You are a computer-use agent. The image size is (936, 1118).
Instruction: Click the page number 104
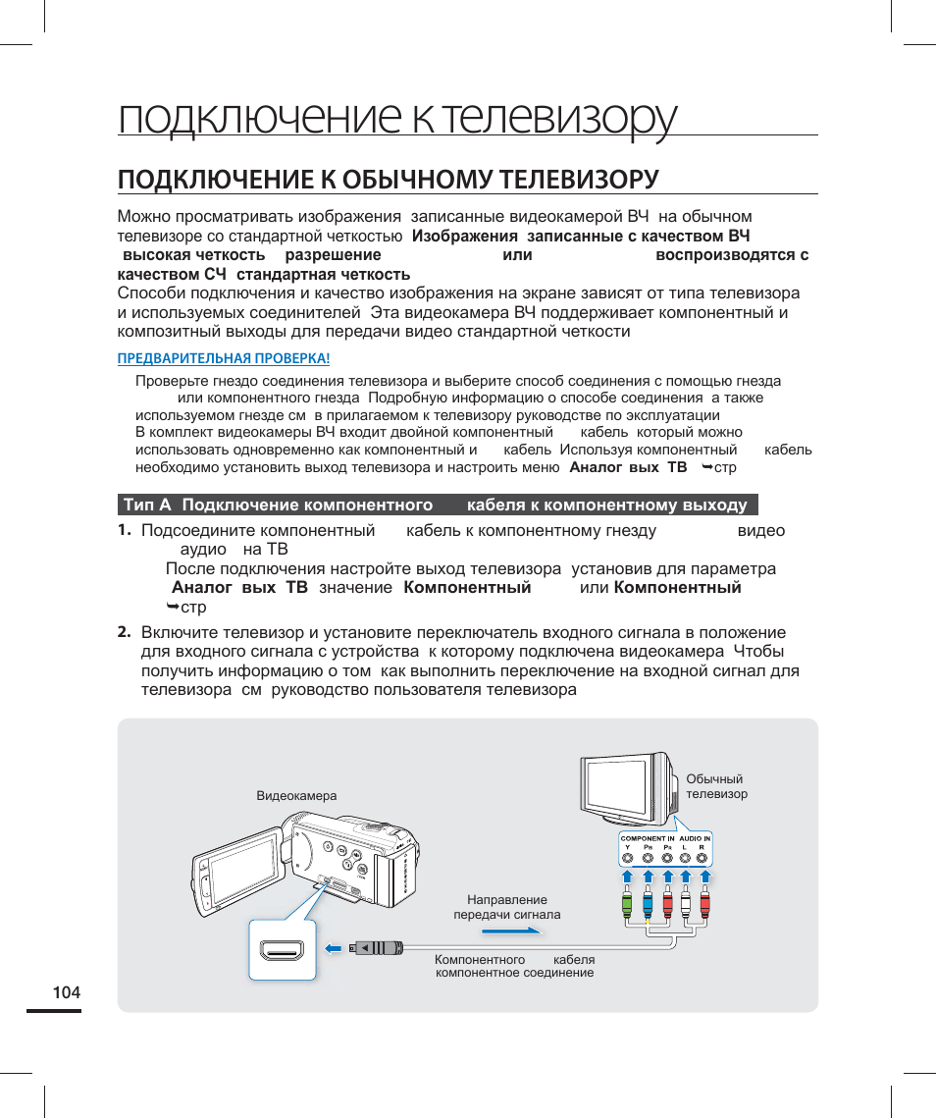click(67, 992)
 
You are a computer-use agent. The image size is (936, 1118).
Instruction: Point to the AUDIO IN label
click(695, 838)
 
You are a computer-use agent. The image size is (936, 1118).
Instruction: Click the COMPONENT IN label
click(648, 838)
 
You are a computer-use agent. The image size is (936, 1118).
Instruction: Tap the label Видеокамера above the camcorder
click(296, 796)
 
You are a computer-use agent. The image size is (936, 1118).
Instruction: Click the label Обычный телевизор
click(716, 786)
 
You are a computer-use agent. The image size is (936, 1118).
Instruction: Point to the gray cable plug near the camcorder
click(377, 948)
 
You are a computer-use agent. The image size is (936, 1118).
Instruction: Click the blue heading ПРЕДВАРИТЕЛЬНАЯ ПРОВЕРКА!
click(224, 358)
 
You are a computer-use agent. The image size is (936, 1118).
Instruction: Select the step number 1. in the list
click(124, 530)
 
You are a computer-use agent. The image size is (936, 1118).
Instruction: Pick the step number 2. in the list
click(124, 631)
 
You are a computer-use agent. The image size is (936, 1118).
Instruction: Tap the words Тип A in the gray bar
click(147, 506)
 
